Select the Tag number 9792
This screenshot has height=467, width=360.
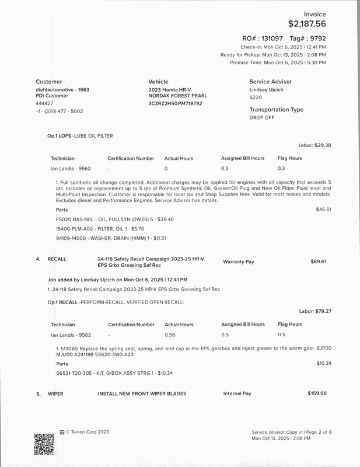pyautogui.click(x=316, y=37)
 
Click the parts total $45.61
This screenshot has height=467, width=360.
pyautogui.click(x=323, y=208)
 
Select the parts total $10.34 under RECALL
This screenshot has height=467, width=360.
pyautogui.click(x=323, y=363)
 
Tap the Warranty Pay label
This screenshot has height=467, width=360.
pyautogui.click(x=239, y=262)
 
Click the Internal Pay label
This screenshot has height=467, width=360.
pyautogui.click(x=237, y=393)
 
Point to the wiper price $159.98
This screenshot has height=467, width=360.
pyautogui.click(x=317, y=393)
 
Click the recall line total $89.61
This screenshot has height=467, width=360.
pyautogui.click(x=319, y=262)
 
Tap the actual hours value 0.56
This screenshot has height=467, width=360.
pyautogui.click(x=170, y=334)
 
